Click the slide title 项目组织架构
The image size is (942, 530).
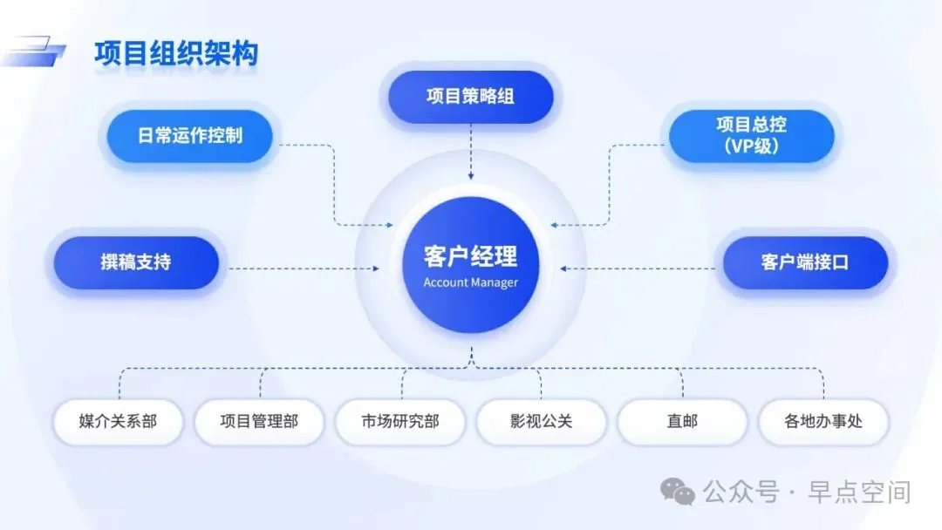(x=176, y=54)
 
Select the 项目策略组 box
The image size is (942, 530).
(x=470, y=96)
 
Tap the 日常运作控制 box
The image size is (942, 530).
(x=189, y=136)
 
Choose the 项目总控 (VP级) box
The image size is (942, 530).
(x=751, y=136)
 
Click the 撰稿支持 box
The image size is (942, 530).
(x=135, y=262)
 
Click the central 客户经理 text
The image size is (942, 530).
(x=470, y=256)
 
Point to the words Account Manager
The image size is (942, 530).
(x=470, y=282)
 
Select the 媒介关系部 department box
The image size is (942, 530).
(x=118, y=422)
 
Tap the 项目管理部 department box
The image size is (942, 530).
(x=259, y=422)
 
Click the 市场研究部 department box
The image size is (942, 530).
(x=400, y=422)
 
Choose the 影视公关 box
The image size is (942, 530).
(x=542, y=422)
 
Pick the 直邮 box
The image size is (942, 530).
(x=682, y=422)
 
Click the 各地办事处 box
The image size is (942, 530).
(x=823, y=422)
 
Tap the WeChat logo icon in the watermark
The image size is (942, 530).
(x=678, y=492)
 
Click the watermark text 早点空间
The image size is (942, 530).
(x=858, y=493)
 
